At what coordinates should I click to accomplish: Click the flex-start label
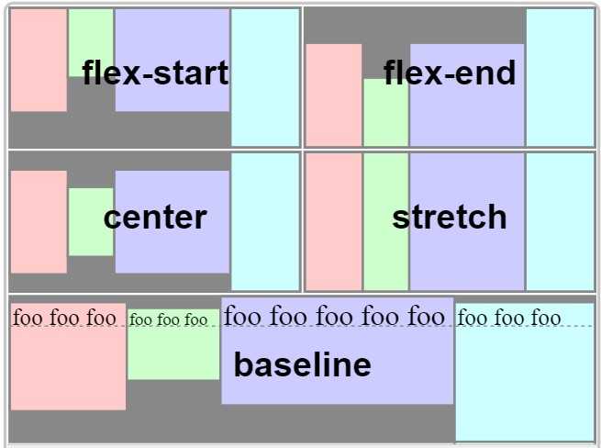tap(155, 73)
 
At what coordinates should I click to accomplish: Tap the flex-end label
tap(450, 73)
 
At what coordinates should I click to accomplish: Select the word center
tap(155, 218)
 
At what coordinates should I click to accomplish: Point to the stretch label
tap(450, 217)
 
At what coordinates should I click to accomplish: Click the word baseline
tap(303, 364)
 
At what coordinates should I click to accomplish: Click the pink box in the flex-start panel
tap(39, 61)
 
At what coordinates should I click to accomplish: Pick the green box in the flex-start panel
tap(91, 43)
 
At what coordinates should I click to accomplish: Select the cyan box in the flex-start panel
tap(265, 77)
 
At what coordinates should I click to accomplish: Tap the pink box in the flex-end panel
tap(334, 95)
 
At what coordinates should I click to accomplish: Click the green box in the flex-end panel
tap(386, 112)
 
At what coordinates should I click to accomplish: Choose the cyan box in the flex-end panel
tap(560, 77)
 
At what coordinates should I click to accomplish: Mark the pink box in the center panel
tap(39, 222)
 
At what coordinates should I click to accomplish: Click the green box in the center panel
tap(91, 221)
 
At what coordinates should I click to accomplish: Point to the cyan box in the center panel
tap(265, 221)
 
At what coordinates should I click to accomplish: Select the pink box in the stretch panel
tap(334, 221)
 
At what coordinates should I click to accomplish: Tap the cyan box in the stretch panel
tap(560, 221)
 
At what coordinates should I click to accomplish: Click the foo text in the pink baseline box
tap(64, 318)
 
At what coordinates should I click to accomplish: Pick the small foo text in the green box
tap(168, 319)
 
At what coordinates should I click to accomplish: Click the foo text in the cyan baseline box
tap(509, 318)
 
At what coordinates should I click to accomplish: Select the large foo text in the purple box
tap(334, 317)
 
